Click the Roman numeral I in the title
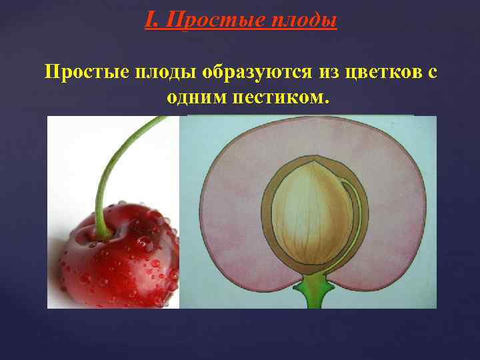pos(150,21)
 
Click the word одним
pos(197,98)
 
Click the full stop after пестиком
pos(326,101)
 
